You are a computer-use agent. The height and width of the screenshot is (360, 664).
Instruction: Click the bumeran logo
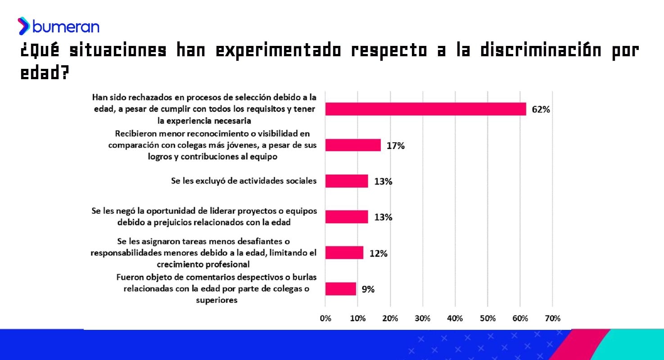coord(59,27)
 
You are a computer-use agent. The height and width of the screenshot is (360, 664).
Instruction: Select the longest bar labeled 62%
coord(425,109)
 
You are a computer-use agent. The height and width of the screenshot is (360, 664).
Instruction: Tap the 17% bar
coord(353,145)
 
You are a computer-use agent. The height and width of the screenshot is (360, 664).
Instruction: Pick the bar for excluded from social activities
coord(346,181)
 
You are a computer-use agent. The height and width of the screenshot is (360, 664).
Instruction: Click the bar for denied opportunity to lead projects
coord(346,217)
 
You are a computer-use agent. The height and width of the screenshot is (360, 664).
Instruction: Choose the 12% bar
coord(344,252)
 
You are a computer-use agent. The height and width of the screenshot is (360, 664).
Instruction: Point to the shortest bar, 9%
coord(340,288)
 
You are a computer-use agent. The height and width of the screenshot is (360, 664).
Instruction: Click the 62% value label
coord(541,109)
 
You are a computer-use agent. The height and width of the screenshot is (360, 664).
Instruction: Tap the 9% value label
coord(368,289)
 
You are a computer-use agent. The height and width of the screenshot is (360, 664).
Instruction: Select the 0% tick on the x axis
coord(325,319)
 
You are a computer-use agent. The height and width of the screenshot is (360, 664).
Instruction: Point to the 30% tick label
coord(422,319)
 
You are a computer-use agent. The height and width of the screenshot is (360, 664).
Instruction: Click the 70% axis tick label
coord(552,319)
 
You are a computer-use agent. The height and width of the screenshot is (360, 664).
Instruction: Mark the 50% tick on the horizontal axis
coord(488,319)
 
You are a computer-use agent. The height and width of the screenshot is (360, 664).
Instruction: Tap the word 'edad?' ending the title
coord(45,73)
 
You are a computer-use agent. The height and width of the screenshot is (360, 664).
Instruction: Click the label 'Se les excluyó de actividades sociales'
coord(244,181)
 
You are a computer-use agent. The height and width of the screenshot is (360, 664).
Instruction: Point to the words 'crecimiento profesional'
coord(203,264)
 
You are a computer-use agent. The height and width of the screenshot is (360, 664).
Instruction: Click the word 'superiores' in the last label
coord(216,300)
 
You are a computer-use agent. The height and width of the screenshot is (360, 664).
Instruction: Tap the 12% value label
coord(378,253)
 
